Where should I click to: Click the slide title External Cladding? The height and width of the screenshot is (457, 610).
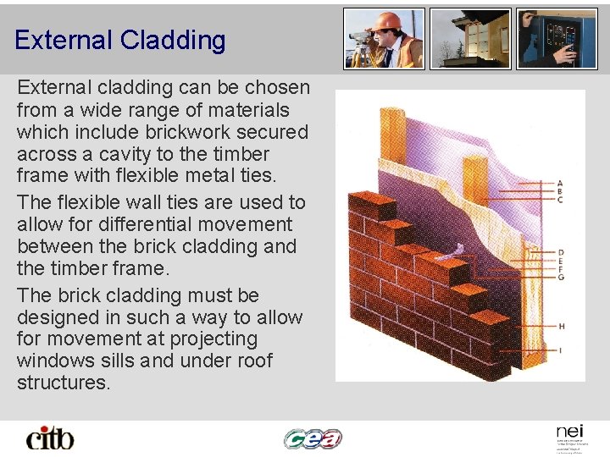pyautogui.click(x=119, y=40)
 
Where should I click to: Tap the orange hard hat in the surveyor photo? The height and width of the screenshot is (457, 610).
pyautogui.click(x=388, y=20)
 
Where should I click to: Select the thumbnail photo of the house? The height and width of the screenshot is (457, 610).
pyautogui.click(x=470, y=39)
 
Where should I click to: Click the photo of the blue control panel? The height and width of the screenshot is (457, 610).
pyautogui.click(x=557, y=39)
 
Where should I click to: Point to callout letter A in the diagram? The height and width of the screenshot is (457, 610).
pyautogui.click(x=560, y=183)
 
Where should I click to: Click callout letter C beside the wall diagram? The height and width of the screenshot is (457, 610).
pyautogui.click(x=560, y=200)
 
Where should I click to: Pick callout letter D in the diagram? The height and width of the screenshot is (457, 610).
pyautogui.click(x=560, y=252)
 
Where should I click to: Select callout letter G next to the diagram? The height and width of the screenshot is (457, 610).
pyautogui.click(x=560, y=278)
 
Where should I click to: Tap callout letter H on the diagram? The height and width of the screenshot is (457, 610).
pyautogui.click(x=560, y=326)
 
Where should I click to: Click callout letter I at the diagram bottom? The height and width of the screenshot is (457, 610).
pyautogui.click(x=560, y=350)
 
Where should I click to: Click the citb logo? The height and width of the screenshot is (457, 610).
pyautogui.click(x=50, y=438)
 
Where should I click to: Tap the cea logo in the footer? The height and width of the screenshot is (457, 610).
pyautogui.click(x=313, y=438)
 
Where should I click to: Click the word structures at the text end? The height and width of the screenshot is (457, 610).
pyautogui.click(x=64, y=383)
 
